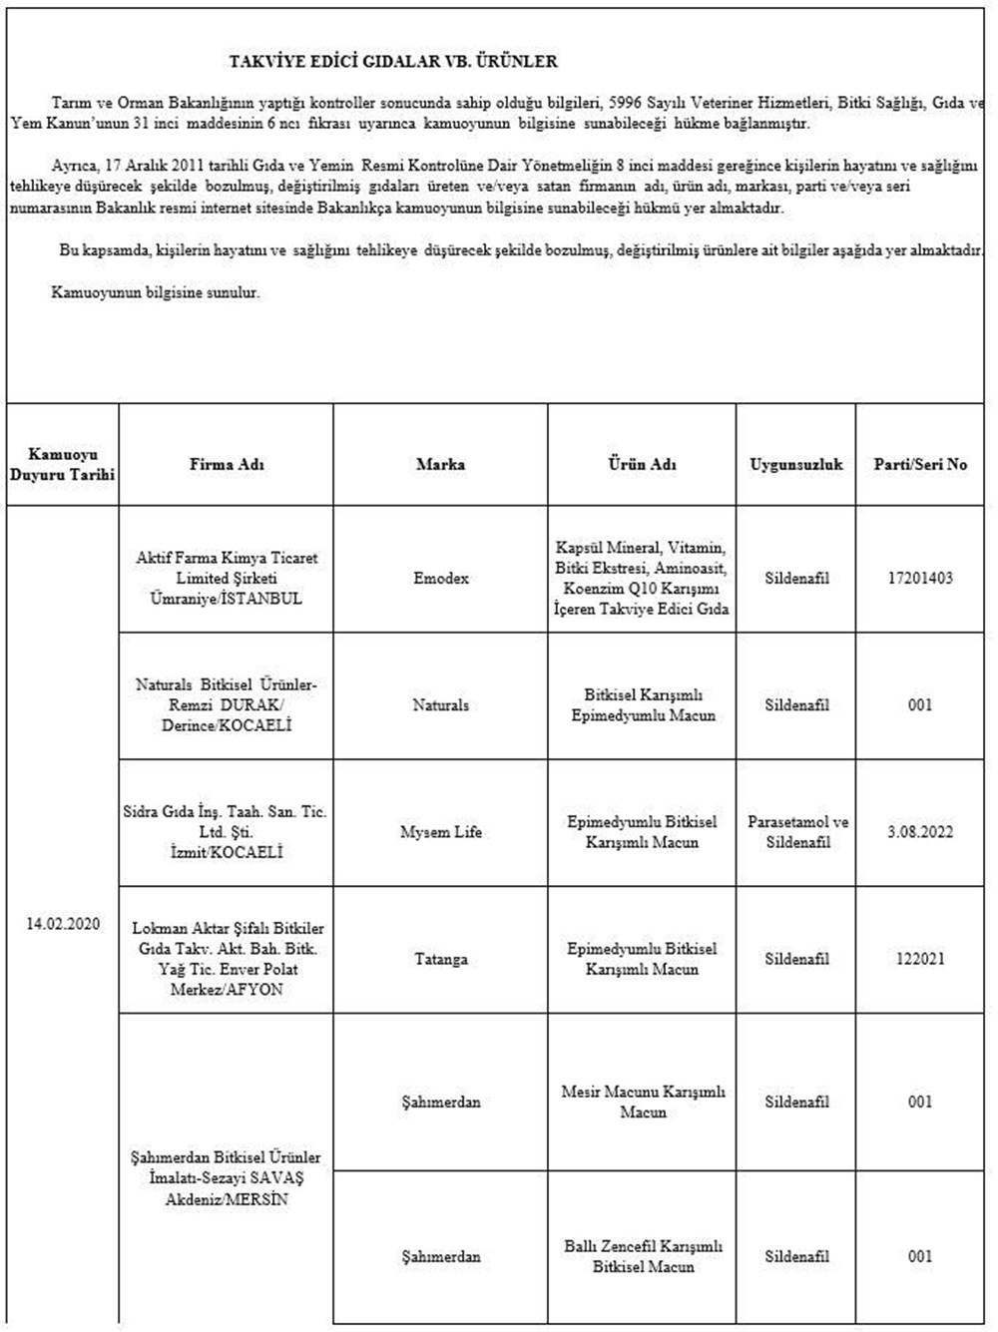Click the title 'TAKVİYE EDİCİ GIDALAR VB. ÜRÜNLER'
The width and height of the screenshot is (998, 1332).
(x=393, y=62)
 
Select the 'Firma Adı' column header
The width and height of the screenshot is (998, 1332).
(x=227, y=464)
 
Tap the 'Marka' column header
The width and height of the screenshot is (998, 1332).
(x=440, y=464)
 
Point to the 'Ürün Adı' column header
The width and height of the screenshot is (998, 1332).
(x=642, y=464)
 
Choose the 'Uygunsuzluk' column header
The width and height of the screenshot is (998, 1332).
(x=796, y=464)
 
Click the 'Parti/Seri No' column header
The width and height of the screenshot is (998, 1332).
(x=920, y=464)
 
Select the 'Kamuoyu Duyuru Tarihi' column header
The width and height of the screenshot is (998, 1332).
(x=63, y=464)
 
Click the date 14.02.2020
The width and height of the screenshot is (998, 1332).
(x=63, y=924)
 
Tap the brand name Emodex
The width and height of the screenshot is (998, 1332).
(x=440, y=579)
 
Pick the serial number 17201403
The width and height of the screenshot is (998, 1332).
(x=920, y=579)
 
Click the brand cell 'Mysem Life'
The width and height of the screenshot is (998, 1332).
(x=440, y=832)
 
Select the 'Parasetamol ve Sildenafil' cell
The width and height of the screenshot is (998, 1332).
(x=796, y=832)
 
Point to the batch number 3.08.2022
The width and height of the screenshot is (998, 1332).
(x=920, y=832)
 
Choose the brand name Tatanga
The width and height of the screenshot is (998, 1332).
(x=440, y=959)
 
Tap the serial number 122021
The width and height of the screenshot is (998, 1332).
(x=920, y=959)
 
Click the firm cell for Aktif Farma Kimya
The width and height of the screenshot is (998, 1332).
(x=227, y=579)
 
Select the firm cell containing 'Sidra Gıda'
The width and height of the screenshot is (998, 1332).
(x=227, y=832)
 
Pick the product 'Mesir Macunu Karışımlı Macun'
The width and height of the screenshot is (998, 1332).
(x=642, y=1102)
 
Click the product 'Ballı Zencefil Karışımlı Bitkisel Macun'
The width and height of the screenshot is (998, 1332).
(x=642, y=1256)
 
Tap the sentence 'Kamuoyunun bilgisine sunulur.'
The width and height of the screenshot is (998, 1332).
(x=156, y=293)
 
